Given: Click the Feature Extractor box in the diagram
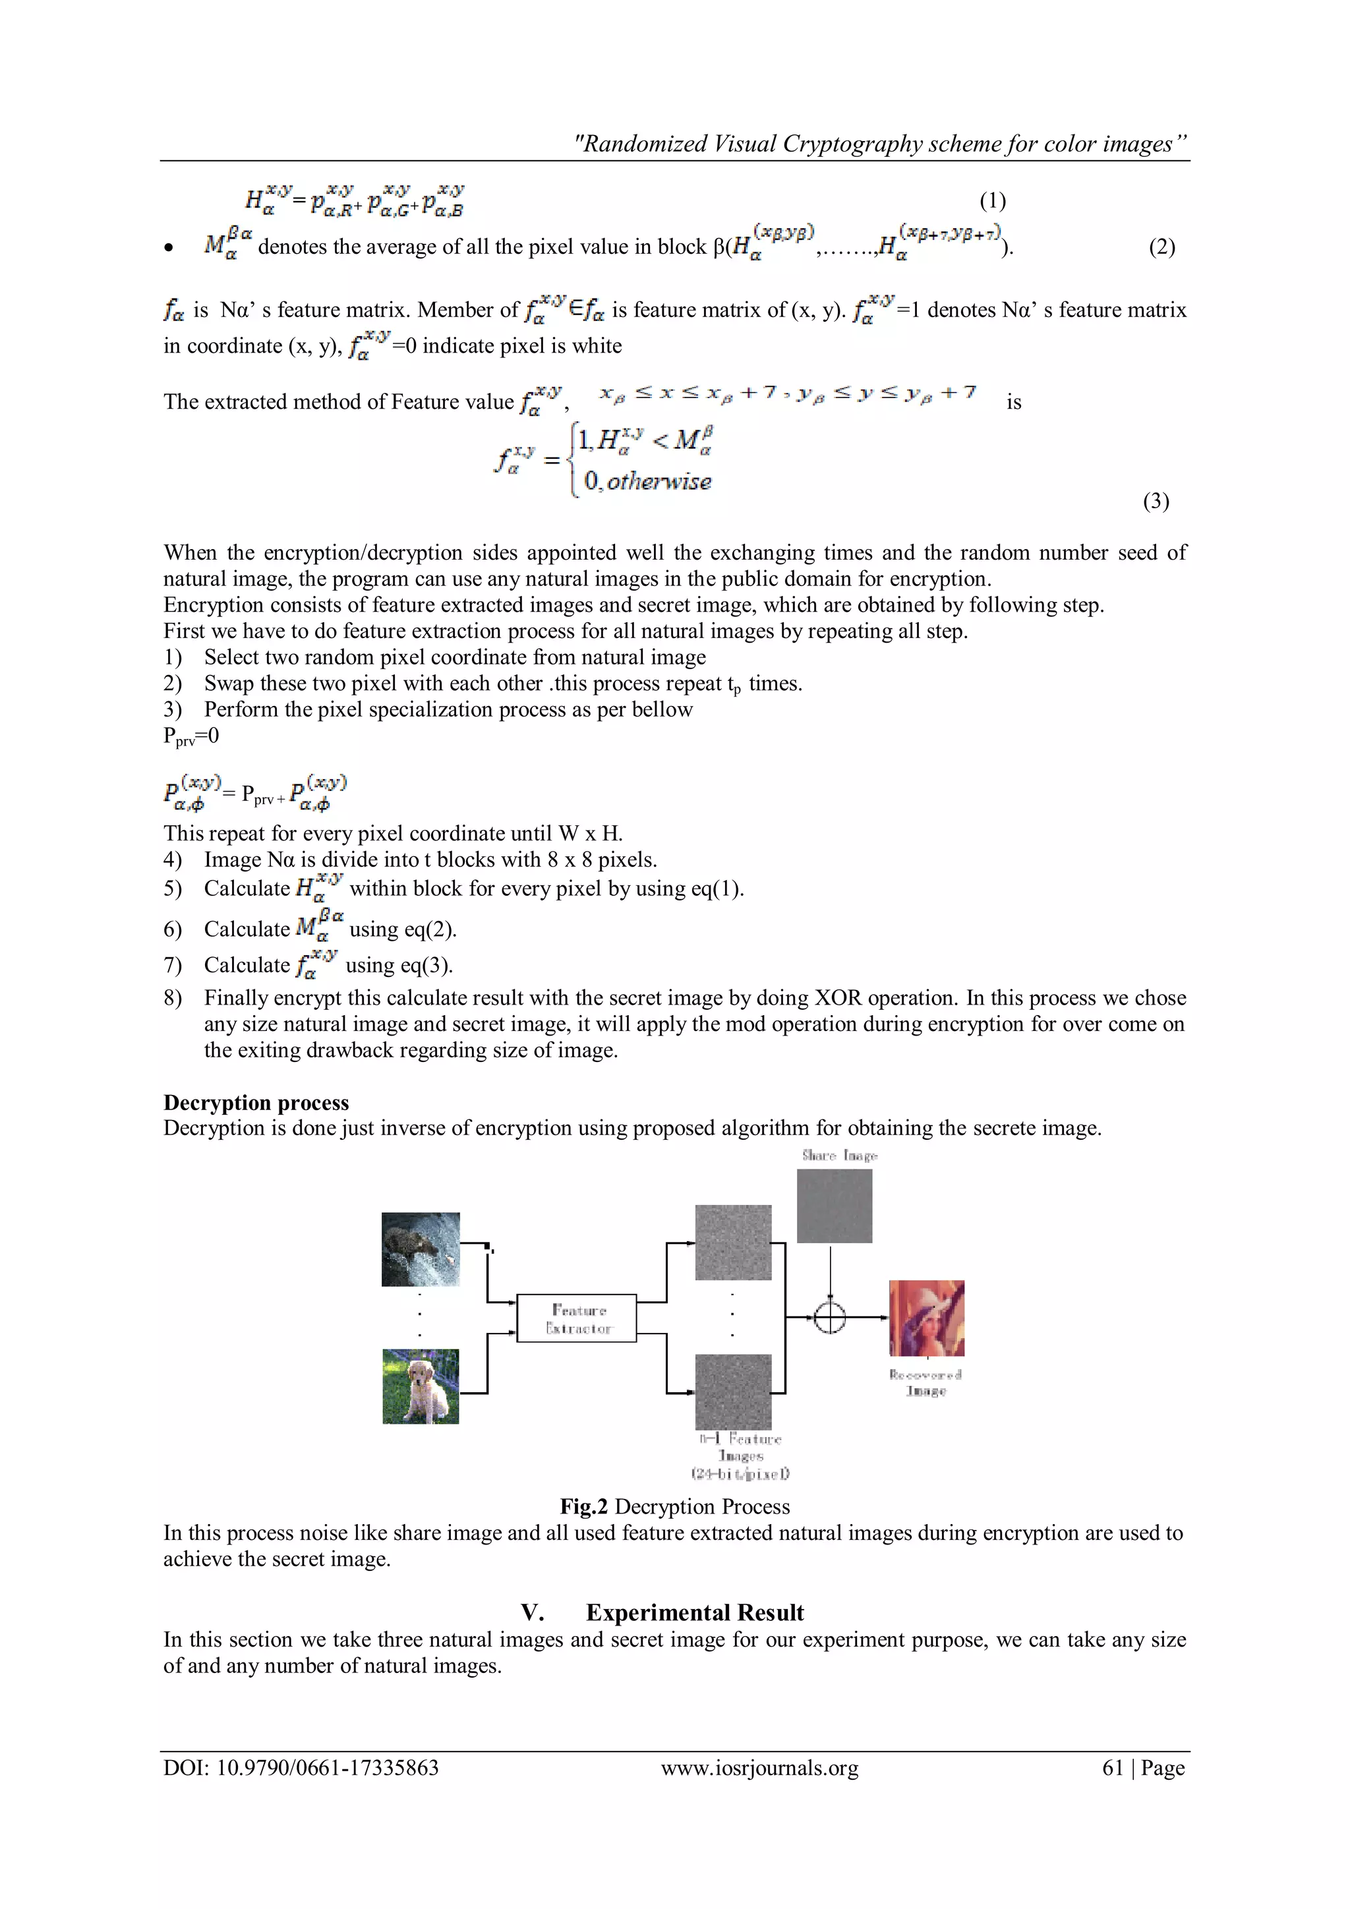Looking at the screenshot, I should [577, 1318].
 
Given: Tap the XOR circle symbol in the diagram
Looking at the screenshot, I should [829, 1317].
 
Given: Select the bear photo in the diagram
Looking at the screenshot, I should [421, 1249].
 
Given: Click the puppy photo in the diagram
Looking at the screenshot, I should [421, 1386].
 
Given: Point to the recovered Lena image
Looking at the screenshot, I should [926, 1318].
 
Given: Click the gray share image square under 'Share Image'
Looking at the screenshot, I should [834, 1206].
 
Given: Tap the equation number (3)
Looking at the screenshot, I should [1156, 502].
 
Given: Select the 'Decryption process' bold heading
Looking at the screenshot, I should [256, 1103].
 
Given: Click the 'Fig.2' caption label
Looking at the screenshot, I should [583, 1507].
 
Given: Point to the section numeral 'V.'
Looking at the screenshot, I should [532, 1612].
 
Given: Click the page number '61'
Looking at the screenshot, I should [1112, 1768].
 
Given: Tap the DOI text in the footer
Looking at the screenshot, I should [301, 1768].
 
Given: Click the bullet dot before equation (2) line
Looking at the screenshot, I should [169, 247].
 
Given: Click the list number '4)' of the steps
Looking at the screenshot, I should [172, 860].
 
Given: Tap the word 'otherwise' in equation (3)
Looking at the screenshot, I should [659, 481].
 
